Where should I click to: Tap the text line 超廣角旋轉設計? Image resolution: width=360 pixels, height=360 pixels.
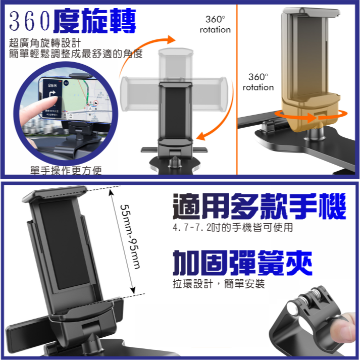[44, 43]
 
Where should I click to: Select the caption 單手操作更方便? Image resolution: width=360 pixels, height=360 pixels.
[66, 171]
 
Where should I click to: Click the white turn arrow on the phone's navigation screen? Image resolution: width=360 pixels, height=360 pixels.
[53, 96]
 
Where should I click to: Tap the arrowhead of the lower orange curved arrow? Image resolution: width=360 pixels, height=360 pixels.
[202, 135]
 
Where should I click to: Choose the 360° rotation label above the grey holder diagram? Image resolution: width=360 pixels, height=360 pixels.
[215, 24]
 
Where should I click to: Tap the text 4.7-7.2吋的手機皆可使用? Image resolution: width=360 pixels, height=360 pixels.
[232, 228]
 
